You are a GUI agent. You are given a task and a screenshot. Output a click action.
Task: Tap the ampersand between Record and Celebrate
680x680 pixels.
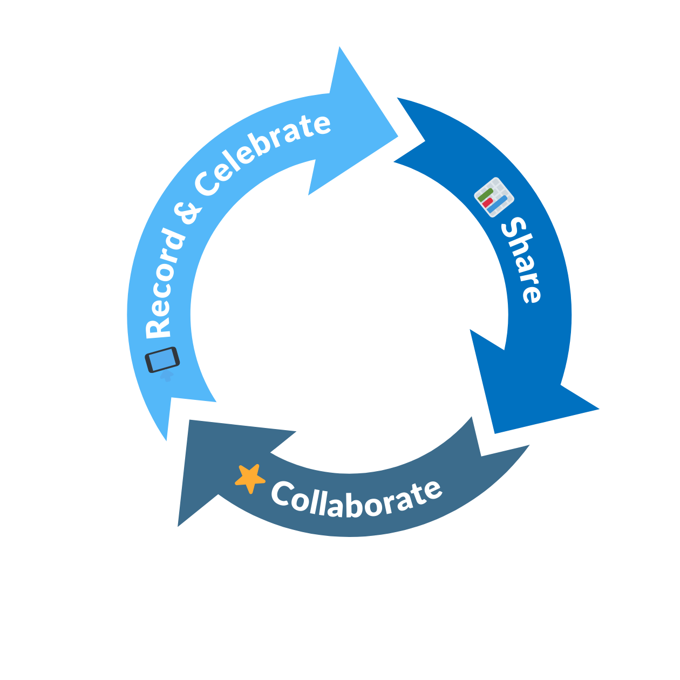[x=190, y=213]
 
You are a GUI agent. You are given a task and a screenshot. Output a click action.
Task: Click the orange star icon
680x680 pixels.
[x=250, y=478]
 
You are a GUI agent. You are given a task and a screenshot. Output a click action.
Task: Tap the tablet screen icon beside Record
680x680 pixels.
[x=162, y=359]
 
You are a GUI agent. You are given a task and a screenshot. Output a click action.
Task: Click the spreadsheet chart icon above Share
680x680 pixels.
[x=494, y=197]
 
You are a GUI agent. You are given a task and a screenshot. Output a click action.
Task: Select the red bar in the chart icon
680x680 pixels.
[x=488, y=203]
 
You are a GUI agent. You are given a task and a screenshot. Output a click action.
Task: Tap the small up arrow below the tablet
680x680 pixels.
[x=167, y=376]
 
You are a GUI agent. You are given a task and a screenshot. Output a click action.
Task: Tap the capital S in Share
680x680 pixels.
[x=513, y=228]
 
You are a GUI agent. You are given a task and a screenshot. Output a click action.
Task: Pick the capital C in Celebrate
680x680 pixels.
[x=208, y=183]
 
